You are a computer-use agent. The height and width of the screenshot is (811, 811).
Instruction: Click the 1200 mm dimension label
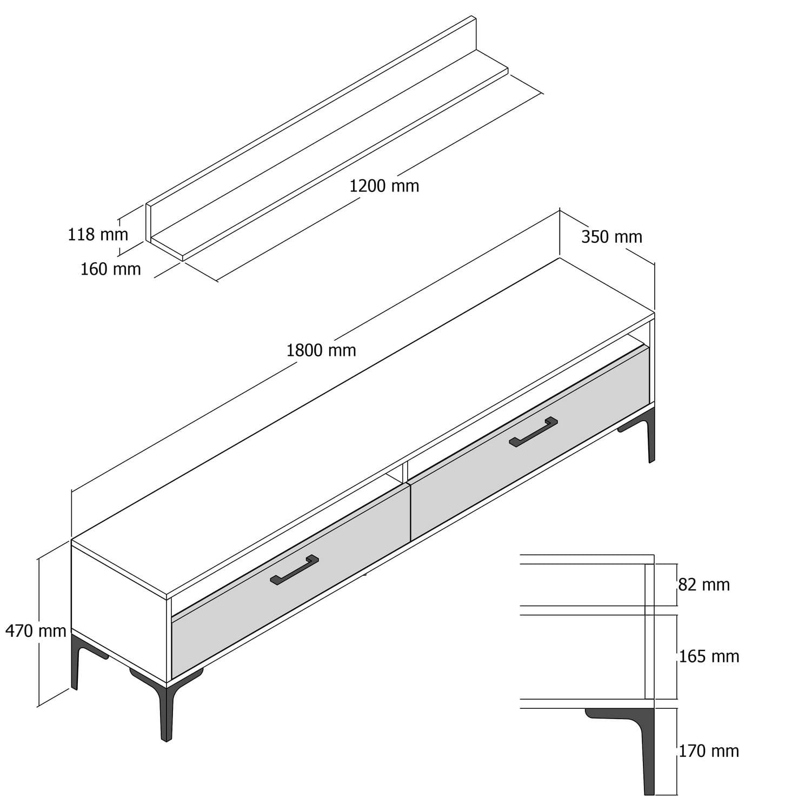384,186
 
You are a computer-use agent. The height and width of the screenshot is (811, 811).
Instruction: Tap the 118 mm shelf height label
98,235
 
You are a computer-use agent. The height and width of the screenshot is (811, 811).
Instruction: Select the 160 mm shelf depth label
110,269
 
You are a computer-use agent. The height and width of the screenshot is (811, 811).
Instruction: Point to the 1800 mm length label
321,350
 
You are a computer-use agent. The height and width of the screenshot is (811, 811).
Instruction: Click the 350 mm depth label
611,237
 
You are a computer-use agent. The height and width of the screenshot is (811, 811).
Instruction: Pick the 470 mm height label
36,630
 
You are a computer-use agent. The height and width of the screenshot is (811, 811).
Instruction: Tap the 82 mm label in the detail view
704,584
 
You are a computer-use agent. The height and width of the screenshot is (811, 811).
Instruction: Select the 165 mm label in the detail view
709,656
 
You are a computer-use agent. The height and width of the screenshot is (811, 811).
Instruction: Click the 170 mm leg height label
709,751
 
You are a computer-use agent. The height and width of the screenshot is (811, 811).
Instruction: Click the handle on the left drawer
294,570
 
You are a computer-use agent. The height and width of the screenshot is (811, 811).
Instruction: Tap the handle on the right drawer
533,431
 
